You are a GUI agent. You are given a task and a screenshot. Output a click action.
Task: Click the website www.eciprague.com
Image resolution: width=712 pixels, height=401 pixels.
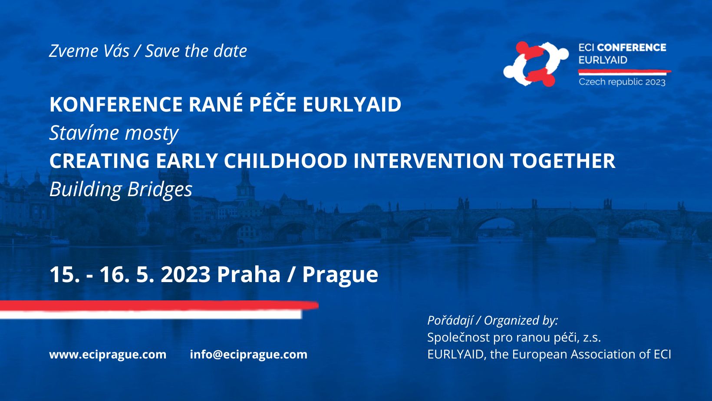point(108,355)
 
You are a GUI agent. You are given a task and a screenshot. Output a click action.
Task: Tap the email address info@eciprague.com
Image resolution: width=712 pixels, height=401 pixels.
point(249,354)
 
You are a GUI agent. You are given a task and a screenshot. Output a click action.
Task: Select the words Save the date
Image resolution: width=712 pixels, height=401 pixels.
point(196,51)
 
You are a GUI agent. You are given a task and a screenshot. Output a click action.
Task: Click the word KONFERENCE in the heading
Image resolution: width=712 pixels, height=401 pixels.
point(116,104)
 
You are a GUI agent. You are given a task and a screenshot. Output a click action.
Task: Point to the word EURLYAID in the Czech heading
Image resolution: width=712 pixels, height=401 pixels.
point(352,104)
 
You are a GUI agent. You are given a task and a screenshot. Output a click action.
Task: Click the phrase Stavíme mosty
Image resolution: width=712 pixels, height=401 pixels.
point(114,133)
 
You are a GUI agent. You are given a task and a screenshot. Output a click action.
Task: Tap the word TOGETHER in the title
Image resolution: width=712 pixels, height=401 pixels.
point(563,161)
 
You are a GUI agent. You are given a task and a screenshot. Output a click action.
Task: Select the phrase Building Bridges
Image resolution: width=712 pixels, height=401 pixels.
point(121,189)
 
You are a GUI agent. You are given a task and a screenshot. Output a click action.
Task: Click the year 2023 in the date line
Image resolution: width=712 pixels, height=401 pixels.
point(186,274)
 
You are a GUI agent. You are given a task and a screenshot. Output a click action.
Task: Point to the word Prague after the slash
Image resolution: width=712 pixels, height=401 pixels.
point(340,275)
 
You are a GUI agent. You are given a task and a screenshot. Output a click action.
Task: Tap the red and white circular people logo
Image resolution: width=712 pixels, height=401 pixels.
point(536,64)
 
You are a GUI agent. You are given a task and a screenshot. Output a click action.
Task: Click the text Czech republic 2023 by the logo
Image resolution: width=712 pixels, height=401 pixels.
point(622,82)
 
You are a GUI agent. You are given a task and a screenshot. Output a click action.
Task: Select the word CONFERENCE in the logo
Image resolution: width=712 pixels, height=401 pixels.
point(632,48)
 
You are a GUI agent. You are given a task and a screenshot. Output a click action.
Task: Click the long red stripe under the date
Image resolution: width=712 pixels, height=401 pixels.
point(159,306)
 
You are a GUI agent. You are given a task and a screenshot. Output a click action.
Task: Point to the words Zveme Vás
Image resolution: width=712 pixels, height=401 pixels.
point(89,51)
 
